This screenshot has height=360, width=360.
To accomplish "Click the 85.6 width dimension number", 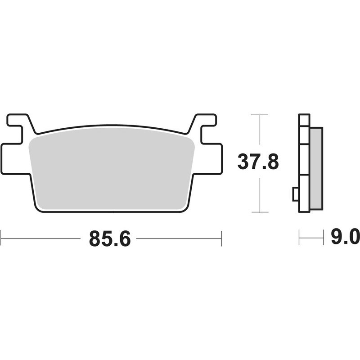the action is pyautogui.click(x=110, y=238).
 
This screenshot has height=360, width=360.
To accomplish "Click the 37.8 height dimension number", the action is pyautogui.click(x=258, y=162).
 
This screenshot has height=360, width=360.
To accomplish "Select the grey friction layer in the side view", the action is pyautogui.click(x=316, y=168).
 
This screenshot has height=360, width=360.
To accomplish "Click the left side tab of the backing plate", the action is pyautogui.click(x=15, y=159).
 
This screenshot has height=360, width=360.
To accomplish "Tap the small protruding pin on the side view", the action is pyautogui.click(x=296, y=194).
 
